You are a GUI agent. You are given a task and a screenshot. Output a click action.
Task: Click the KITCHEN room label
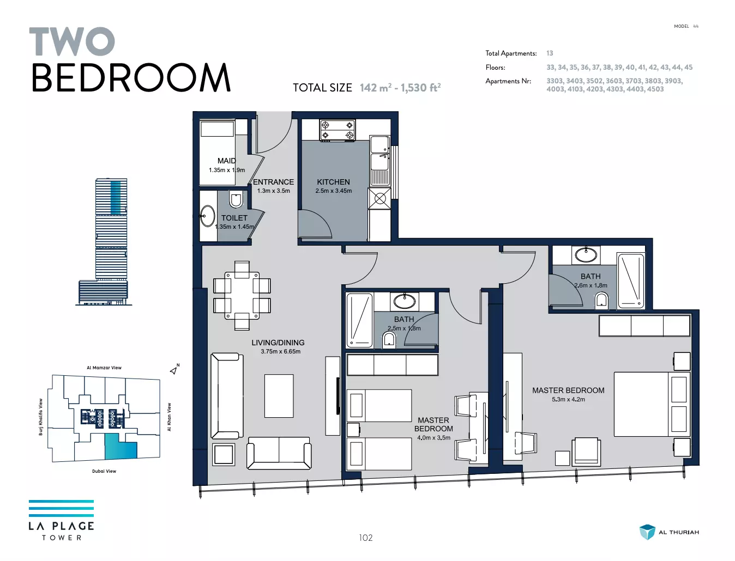333,182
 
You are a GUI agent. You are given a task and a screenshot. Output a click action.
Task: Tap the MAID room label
227,161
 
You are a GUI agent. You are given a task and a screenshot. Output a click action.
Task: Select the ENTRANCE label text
273,182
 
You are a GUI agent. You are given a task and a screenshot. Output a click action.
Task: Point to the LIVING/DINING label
278,343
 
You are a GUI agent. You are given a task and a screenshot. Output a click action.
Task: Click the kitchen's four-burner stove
337,130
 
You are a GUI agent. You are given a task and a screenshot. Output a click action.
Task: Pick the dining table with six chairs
242,296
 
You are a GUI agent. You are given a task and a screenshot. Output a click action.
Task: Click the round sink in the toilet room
207,216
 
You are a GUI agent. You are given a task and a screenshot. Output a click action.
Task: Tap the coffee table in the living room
279,396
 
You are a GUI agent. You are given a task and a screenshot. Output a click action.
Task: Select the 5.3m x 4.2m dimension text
568,399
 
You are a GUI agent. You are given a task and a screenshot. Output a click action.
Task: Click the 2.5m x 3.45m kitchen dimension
334,191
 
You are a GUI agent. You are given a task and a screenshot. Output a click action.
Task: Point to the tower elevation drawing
103,241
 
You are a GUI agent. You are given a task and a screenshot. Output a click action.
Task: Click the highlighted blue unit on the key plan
121,447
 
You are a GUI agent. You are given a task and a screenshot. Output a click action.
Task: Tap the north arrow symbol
174,370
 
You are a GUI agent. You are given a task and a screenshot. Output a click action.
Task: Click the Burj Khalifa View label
41,417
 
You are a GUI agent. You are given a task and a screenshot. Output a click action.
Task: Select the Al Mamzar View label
104,368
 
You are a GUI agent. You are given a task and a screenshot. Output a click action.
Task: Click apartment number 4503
655,89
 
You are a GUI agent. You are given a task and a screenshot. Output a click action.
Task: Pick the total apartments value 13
550,53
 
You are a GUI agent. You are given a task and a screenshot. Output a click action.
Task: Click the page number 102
366,538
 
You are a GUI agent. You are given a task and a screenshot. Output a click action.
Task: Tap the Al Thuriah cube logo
647,532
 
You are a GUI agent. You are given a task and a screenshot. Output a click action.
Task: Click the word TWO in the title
72,41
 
